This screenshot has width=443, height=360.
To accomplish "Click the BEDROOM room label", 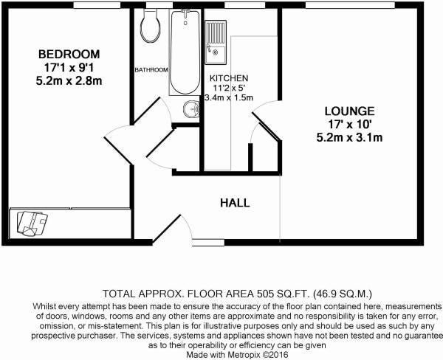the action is (x=69, y=54).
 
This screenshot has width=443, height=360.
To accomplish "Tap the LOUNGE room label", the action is (x=349, y=111).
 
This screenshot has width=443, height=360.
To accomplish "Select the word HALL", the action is (x=235, y=203).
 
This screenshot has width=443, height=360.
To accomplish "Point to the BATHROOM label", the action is (x=151, y=70).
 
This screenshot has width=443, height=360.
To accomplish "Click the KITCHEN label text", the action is (x=229, y=78).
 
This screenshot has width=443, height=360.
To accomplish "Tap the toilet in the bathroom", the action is (x=150, y=26).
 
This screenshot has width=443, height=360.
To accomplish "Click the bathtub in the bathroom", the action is (x=185, y=52).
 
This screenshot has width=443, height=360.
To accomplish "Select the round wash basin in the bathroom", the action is (x=191, y=109).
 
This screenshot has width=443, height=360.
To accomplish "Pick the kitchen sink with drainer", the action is (x=216, y=42).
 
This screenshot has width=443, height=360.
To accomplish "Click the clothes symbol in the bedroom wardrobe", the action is (x=32, y=223).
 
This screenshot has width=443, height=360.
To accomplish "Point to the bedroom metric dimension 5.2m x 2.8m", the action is (x=69, y=81).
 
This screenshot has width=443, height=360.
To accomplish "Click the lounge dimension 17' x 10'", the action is (x=349, y=125).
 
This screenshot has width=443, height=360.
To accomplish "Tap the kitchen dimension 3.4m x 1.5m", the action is (x=229, y=98).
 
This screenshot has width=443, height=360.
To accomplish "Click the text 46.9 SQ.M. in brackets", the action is (x=343, y=294).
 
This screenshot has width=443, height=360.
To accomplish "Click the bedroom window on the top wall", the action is (x=97, y=5).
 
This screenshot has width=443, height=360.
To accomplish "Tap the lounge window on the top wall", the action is (x=350, y=5).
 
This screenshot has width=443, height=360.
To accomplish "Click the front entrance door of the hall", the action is (x=166, y=229).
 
